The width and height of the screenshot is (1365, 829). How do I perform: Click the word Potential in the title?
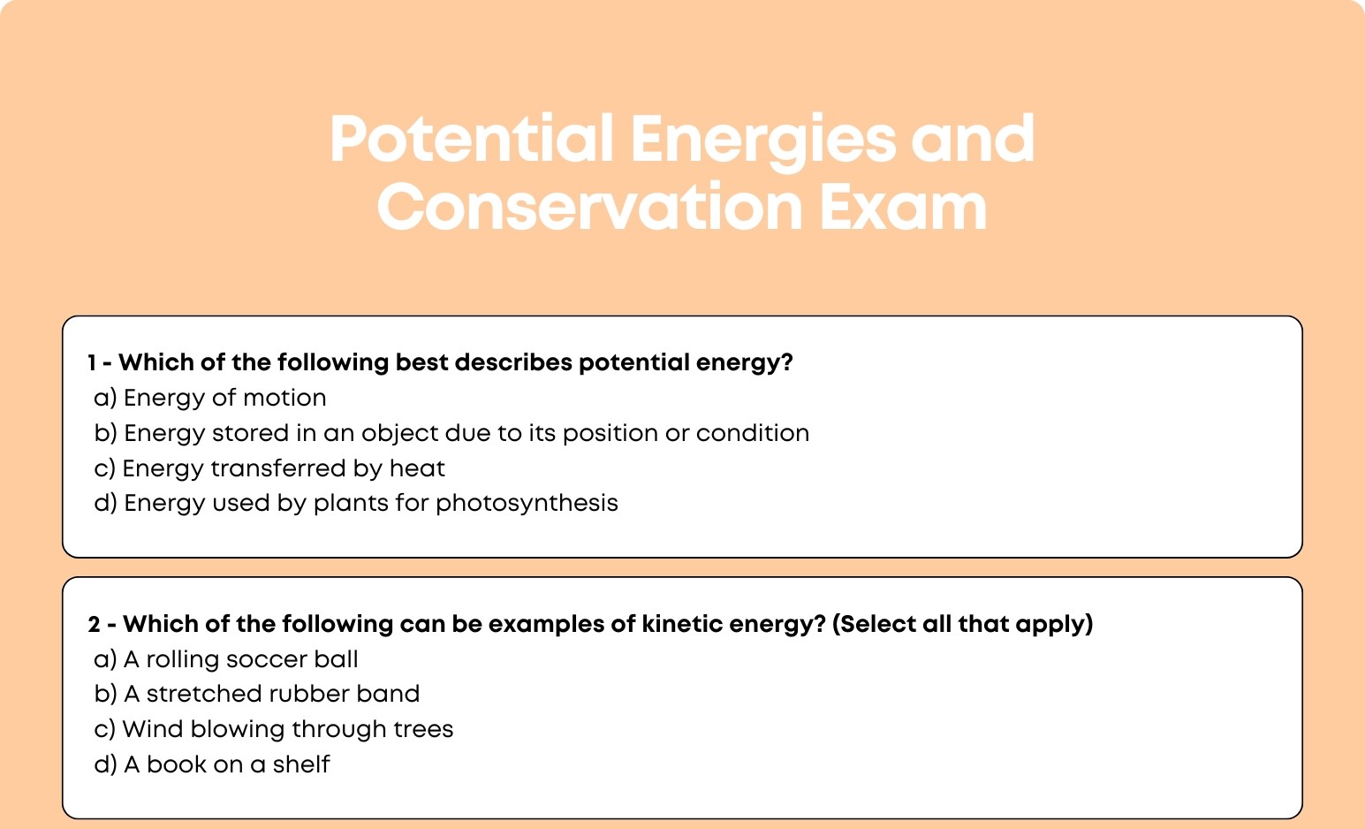471,139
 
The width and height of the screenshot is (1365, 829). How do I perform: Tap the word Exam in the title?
902,207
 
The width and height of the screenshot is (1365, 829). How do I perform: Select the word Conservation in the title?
589,207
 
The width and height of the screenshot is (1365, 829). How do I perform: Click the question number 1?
92,362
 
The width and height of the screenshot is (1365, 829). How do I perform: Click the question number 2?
94,624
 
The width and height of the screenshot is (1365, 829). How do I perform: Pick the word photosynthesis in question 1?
527,504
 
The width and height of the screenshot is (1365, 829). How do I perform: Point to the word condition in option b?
753,433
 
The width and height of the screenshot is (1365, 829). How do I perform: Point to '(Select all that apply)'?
962,624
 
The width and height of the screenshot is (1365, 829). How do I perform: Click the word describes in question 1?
513,362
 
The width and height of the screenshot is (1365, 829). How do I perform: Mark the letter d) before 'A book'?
105,764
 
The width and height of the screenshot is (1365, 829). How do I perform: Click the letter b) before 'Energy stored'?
105,433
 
